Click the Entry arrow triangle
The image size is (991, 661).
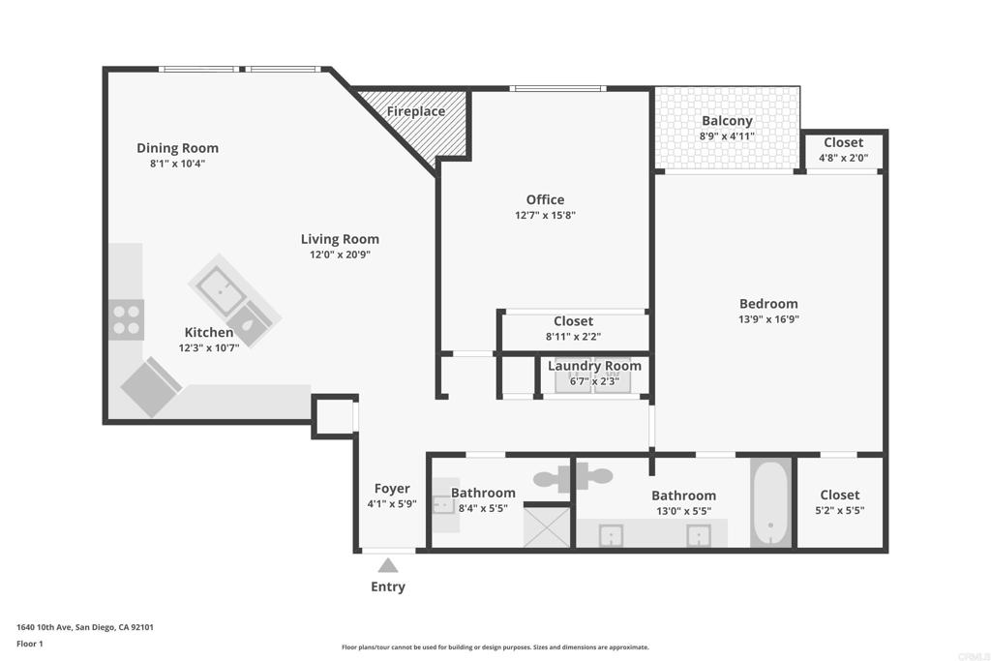pos(388,565)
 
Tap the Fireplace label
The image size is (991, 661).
pos(416,111)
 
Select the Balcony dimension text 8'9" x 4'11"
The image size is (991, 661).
pos(727,135)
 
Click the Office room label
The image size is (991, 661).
pos(545,199)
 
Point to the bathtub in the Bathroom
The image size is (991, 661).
pos(770,503)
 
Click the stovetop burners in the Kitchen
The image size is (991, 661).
pos(127,319)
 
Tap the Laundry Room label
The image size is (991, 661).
pos(594,366)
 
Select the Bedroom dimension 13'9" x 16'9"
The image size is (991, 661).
pos(768,319)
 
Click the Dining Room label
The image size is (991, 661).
pos(178,148)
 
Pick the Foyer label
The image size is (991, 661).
pos(392,489)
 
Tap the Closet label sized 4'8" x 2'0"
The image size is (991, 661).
pos(843,142)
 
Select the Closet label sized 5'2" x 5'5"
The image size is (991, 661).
pos(840,495)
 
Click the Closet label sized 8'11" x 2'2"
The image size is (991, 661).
pos(573,321)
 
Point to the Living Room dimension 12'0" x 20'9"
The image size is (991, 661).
pos(340,255)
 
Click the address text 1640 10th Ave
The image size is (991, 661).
pos(45,627)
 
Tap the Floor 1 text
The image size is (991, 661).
pos(30,644)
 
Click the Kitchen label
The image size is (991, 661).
pos(209,332)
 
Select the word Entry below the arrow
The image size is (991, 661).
pos(388,586)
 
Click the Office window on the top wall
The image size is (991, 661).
pos(558,88)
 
